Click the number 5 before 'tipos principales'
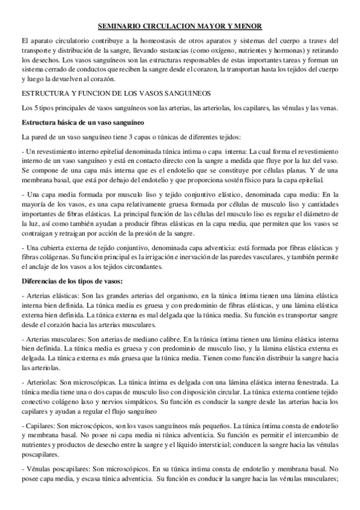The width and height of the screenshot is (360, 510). coord(31,108)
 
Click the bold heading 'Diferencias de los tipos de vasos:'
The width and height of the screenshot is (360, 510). coord(72,281)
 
